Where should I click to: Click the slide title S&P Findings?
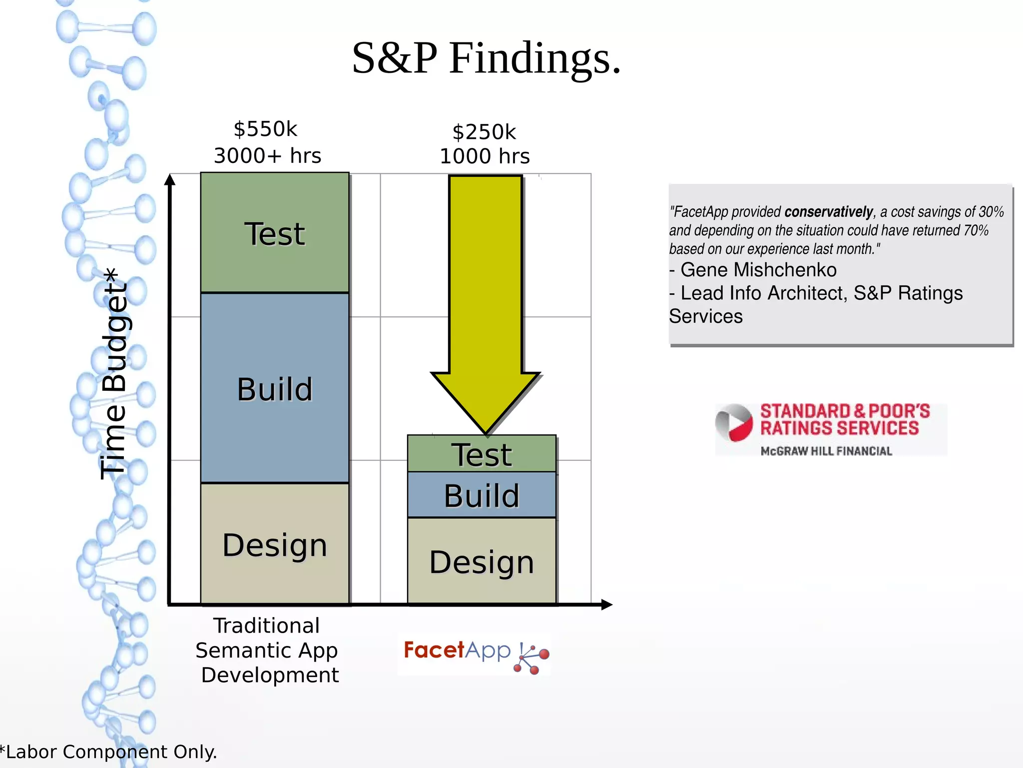[486, 58]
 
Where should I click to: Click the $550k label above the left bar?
[265, 129]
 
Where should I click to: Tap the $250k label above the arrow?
[484, 132]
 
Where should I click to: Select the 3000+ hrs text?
[267, 156]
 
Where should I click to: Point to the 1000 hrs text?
[485, 156]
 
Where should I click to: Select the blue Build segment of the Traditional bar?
[274, 389]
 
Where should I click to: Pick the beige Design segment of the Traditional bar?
[274, 545]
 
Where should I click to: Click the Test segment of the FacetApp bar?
[482, 454]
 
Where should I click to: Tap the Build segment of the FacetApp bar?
[482, 495]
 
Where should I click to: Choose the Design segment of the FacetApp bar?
[482, 562]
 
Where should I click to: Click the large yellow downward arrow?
[486, 300]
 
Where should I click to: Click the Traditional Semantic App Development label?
[267, 650]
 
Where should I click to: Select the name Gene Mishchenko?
[758, 270]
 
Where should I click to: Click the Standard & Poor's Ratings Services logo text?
[844, 420]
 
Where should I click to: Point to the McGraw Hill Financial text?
[826, 451]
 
